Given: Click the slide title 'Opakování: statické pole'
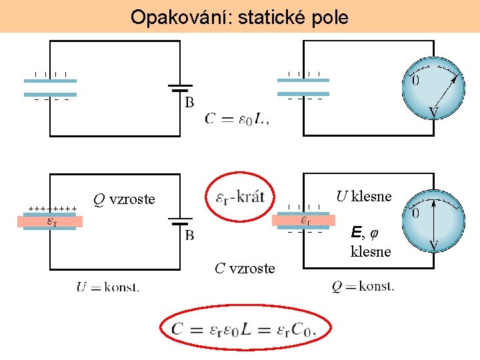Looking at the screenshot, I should (239, 17).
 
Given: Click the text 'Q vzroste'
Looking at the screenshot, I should (124, 199).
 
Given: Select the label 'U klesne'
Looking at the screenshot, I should (363, 196).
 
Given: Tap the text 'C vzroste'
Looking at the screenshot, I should (245, 268).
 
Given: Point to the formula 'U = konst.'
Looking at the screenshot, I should (107, 287).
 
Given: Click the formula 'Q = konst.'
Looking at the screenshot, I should (363, 287).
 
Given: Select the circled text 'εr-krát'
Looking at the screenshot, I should (241, 197).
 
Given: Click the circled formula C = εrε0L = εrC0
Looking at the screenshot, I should (243, 328).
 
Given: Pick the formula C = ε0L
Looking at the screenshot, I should (237, 119).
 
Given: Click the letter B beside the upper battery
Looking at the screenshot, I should (189, 103).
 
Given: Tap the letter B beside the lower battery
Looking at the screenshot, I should (189, 235).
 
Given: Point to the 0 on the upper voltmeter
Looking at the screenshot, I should (415, 81).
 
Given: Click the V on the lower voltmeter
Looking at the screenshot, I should (433, 245).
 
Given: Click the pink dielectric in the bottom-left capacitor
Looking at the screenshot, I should (50, 221).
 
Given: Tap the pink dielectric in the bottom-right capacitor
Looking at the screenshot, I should (303, 221).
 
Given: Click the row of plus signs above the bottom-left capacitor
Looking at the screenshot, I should (53, 209).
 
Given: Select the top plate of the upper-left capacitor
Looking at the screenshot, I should (50, 81).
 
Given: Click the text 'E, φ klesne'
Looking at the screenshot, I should (370, 242).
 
